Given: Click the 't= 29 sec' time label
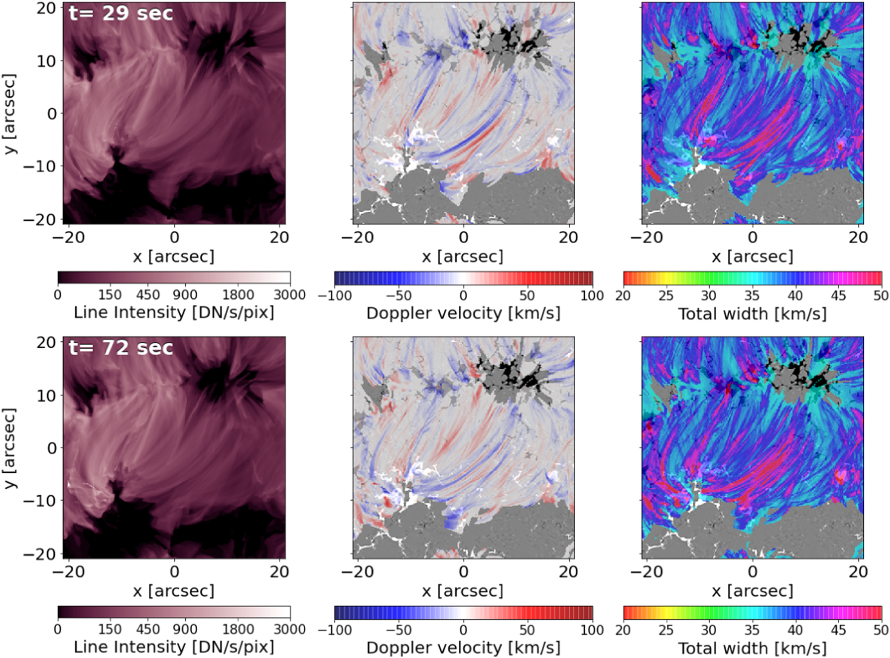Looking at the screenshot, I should pyautogui.click(x=121, y=13).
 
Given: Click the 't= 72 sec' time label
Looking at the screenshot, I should pyautogui.click(x=121, y=348).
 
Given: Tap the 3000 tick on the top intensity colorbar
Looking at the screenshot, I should pyautogui.click(x=289, y=295).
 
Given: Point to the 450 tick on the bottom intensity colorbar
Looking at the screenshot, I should pyautogui.click(x=148, y=630).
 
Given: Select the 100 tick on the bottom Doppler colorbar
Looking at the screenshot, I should pyautogui.click(x=592, y=630).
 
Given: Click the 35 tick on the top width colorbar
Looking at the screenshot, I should pyautogui.click(x=752, y=296).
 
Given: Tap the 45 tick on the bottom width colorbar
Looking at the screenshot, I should pyautogui.click(x=838, y=630).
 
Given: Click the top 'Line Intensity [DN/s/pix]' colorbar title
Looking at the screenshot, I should pyautogui.click(x=174, y=312).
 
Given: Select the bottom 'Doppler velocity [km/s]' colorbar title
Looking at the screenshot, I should pyautogui.click(x=463, y=648).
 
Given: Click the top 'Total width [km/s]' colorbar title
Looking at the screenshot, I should pyautogui.click(x=752, y=314).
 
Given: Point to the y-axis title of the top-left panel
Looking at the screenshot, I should pyautogui.click(x=9, y=113).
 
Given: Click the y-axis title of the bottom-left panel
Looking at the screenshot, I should pyautogui.click(x=9, y=448).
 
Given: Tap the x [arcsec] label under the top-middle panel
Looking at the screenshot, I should pyautogui.click(x=463, y=257).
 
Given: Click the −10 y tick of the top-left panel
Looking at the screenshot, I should pyautogui.click(x=40, y=166).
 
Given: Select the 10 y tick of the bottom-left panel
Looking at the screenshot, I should pyautogui.click(x=46, y=395).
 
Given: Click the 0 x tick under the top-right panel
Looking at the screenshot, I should pyautogui.click(x=752, y=237).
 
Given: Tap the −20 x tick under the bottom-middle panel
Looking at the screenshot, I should pyautogui.click(x=356, y=572).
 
